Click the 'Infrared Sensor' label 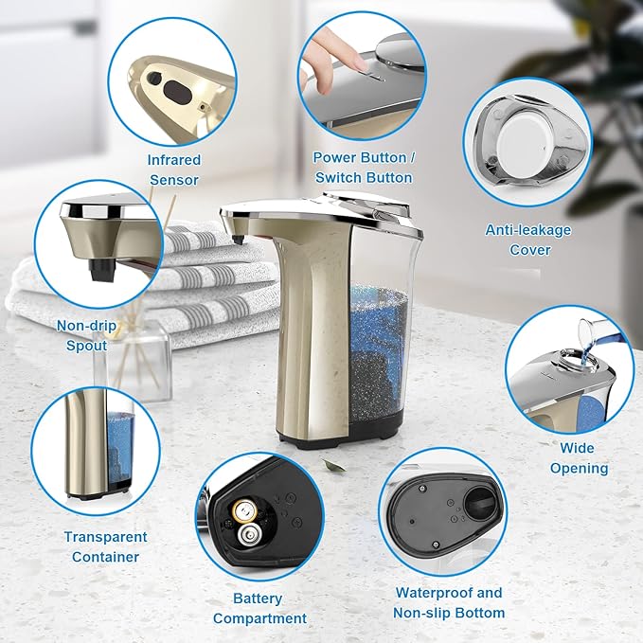(x=173, y=170)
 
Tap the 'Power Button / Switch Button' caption (x=363, y=168)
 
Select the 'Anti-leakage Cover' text (x=529, y=240)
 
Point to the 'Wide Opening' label (x=579, y=457)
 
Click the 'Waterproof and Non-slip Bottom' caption (x=449, y=602)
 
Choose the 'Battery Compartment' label (x=259, y=608)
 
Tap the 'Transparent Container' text (x=105, y=546)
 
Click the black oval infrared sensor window (x=177, y=91)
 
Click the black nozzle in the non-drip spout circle (x=98, y=269)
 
